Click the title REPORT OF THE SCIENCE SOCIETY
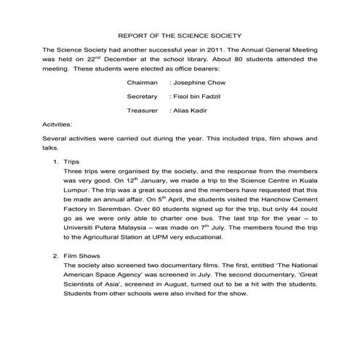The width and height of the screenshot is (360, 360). click(x=180, y=34)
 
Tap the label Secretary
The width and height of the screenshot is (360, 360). click(x=142, y=97)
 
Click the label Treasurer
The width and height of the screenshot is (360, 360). click(x=143, y=111)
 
